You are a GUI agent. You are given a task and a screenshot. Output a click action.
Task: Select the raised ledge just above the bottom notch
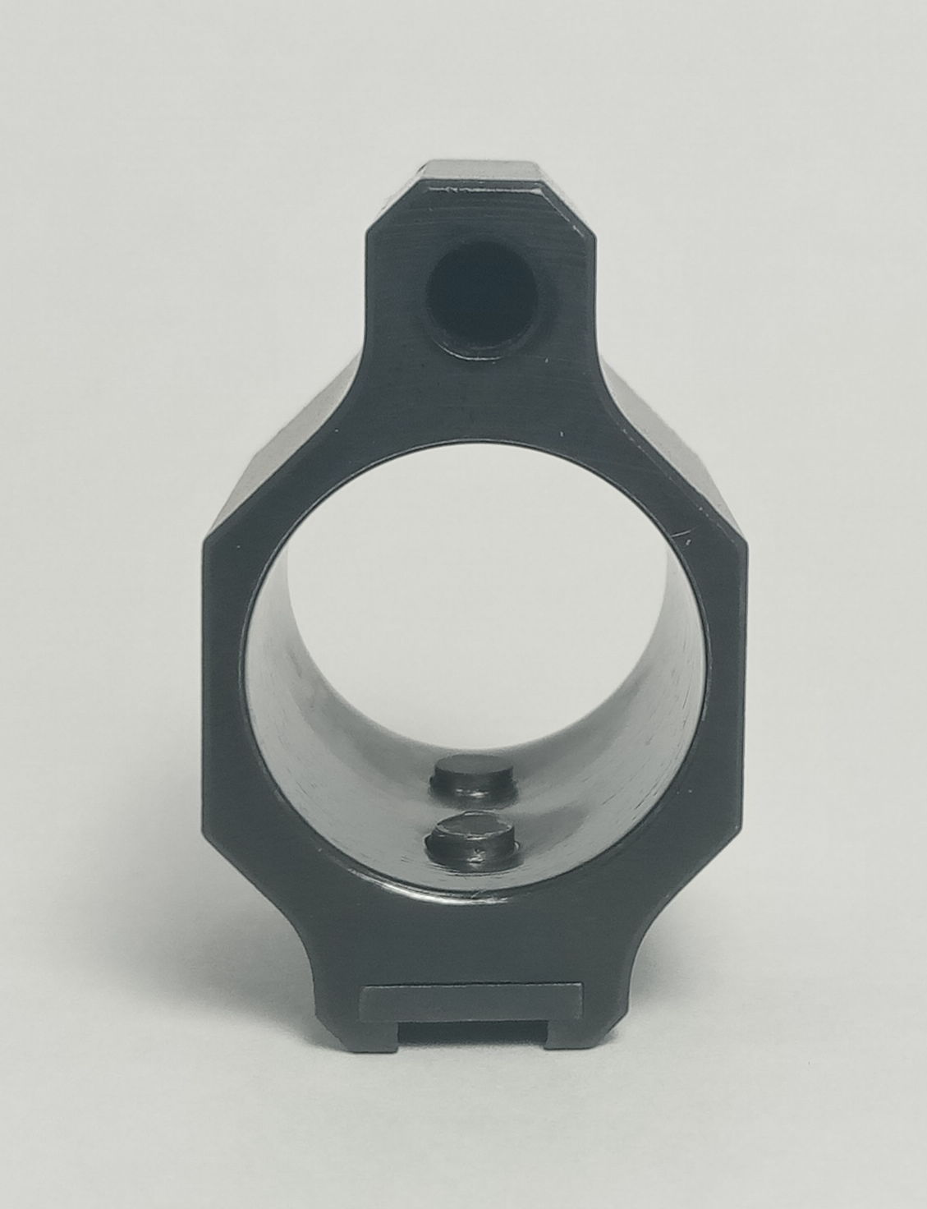click(x=472, y=998)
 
